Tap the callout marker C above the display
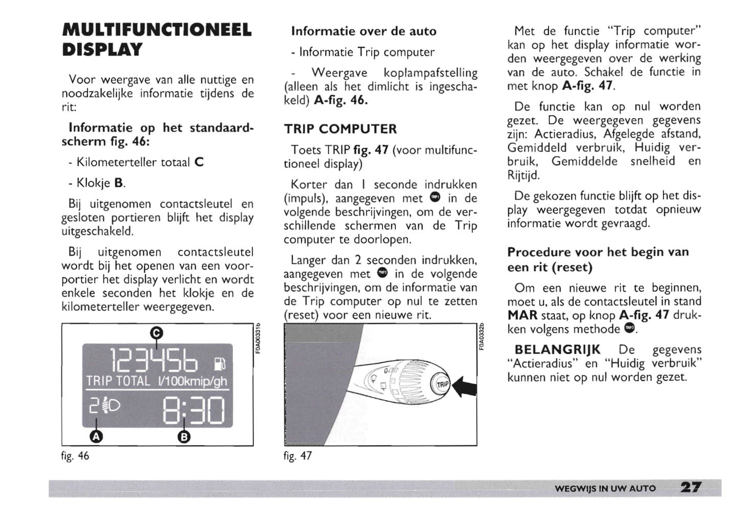156,333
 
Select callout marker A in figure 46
96,437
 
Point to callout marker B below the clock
184,437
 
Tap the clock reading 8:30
194,411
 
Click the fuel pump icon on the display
220,364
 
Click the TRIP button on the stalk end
442,385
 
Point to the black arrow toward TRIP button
466,386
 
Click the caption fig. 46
75,455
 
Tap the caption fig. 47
298,455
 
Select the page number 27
691,487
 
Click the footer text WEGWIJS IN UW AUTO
605,488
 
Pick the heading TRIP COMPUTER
341,129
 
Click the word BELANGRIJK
557,350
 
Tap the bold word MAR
522,315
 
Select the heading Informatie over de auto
364,31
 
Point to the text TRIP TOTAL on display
118,381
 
